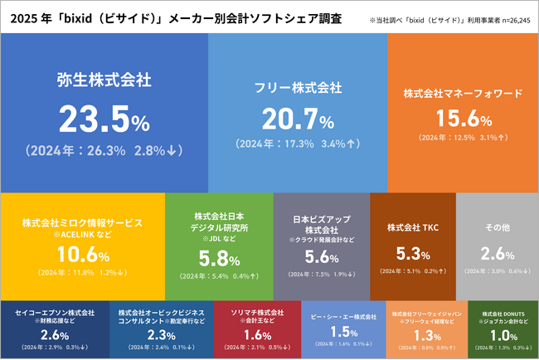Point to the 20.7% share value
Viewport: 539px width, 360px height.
pos(297,119)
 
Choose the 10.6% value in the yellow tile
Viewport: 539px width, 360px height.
pos(82,253)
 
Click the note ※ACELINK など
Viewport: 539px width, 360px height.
pos(83,235)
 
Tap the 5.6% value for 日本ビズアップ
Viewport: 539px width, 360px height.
pos(321,256)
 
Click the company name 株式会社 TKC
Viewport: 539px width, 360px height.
pos(412,226)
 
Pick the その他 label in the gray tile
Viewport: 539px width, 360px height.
pos(496,226)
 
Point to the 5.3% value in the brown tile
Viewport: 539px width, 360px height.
pos(412,252)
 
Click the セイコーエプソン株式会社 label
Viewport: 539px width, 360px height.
pos(55,313)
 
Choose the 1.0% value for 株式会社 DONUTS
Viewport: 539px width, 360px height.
pos(503,335)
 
